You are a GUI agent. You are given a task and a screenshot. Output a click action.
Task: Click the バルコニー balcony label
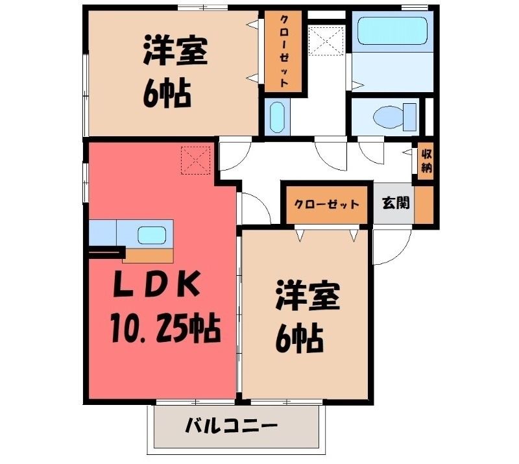pos(230,425)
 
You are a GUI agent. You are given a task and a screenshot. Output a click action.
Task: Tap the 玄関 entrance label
pos(396,202)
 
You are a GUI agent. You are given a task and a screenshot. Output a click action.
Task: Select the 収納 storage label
pos(427,161)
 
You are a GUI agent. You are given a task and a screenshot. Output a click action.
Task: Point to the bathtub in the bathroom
pos(393,31)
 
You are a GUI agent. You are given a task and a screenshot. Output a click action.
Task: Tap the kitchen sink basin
pos(152,236)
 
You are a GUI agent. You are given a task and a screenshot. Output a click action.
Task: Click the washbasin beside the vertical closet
pos(277,117)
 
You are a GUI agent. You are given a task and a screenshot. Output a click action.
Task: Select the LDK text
pos(156,284)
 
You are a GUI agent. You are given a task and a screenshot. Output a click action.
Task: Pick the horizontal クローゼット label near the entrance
pos(327,204)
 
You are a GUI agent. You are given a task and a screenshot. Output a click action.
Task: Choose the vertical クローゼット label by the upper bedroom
pos(284,52)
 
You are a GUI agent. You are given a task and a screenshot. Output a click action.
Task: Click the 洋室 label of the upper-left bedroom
pos(175,52)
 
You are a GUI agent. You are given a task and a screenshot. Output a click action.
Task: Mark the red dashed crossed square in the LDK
pos(196,160)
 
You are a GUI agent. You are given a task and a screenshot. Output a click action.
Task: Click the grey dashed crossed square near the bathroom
pos(327,40)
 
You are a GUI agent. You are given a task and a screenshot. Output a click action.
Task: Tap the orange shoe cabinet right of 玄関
pos(424,204)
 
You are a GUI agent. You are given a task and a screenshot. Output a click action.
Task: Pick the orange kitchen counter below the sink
pos(148,256)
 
